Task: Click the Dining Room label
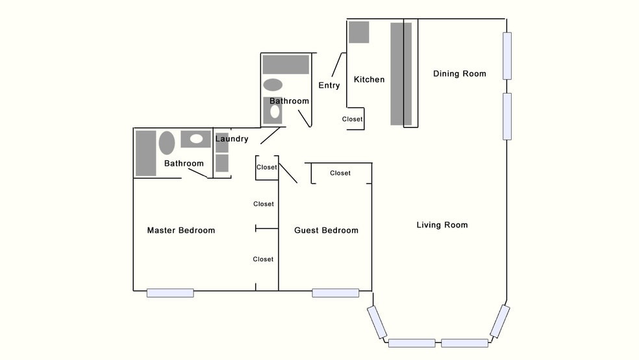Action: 459,74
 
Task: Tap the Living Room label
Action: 442,225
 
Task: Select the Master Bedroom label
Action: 181,231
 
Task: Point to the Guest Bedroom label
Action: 326,231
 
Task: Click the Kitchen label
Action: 369,80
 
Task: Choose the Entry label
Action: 329,86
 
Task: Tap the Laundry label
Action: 232,139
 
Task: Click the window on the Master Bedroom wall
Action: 170,293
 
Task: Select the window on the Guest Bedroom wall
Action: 335,293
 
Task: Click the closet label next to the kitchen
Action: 353,120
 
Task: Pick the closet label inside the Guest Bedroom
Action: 340,174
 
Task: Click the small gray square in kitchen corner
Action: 358,32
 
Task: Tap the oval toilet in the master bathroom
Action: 167,143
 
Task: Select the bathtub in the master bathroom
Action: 146,153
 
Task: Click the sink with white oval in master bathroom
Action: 195,139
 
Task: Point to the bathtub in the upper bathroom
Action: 286,65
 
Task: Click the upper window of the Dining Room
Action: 507,56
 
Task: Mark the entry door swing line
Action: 336,65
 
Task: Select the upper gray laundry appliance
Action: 222,143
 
